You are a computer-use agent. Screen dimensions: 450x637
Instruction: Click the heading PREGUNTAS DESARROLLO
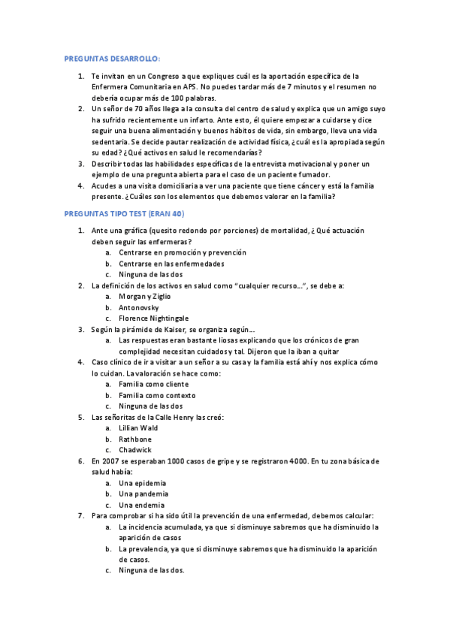pos(113,59)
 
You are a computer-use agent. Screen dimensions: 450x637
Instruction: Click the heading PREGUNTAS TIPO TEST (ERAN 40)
pos(124,214)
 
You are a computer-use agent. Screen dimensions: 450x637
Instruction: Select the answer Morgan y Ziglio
pos(144,297)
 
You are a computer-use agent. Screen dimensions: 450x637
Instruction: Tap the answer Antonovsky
pos(140,307)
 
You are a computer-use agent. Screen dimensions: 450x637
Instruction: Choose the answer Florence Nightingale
pos(153,318)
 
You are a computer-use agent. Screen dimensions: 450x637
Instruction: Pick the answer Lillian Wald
pos(138,428)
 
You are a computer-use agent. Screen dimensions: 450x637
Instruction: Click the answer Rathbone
pos(135,439)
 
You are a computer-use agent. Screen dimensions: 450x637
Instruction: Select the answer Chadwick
pos(135,450)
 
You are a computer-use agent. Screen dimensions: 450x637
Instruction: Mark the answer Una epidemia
pos(143,482)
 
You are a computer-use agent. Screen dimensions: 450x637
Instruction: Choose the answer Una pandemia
pos(143,494)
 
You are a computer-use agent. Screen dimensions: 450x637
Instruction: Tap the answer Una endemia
pos(141,505)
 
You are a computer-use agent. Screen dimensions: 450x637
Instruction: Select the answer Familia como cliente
pos(153,384)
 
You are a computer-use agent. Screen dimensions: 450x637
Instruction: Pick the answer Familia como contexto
pos(156,395)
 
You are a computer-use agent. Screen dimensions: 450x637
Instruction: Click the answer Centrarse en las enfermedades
pos(171,264)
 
